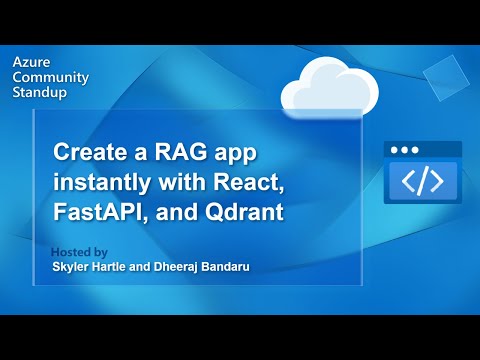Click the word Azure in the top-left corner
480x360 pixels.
30,61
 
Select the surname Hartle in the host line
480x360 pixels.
114,267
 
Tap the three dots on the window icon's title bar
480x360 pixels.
405,150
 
